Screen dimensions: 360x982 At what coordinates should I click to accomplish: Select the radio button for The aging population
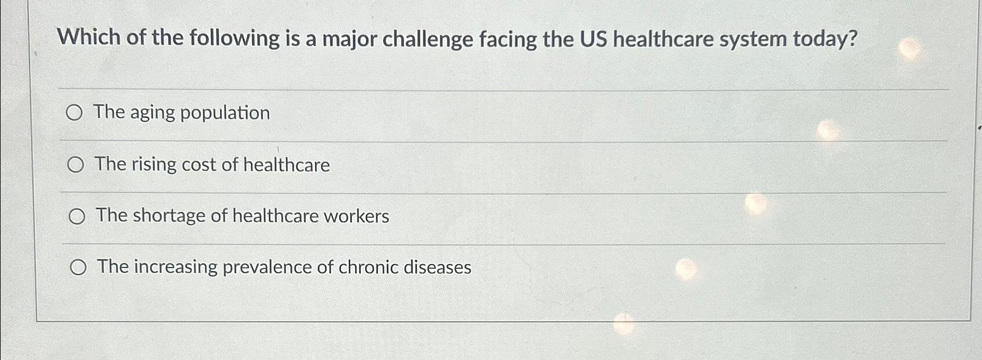(74, 113)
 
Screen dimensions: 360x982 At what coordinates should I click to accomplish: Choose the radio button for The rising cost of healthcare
(75, 165)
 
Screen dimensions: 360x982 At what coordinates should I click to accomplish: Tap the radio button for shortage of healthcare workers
(77, 217)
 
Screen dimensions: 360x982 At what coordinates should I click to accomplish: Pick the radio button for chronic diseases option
(78, 268)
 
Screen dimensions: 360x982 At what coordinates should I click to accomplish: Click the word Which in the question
(88, 38)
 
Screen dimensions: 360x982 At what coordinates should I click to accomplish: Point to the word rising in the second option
(154, 165)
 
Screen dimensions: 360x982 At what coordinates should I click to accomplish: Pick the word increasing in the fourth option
(175, 267)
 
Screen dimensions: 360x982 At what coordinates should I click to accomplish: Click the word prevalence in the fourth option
(267, 268)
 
